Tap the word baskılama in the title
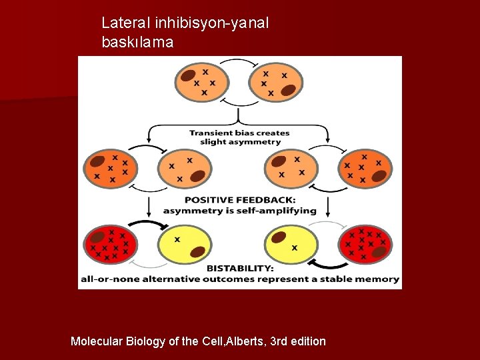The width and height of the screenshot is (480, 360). [x=137, y=43]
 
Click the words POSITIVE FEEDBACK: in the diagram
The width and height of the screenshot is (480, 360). [x=240, y=200]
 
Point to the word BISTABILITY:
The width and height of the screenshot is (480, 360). [x=239, y=268]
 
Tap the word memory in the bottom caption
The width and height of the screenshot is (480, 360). [x=379, y=279]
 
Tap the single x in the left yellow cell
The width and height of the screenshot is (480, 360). [x=177, y=239]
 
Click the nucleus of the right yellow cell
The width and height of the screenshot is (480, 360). [x=279, y=237]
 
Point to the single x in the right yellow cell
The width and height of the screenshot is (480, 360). [x=295, y=247]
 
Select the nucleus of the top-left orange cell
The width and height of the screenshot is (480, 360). [x=188, y=75]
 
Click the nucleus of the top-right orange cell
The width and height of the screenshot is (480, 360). [x=289, y=91]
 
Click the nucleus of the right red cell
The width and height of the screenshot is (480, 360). [x=379, y=252]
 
